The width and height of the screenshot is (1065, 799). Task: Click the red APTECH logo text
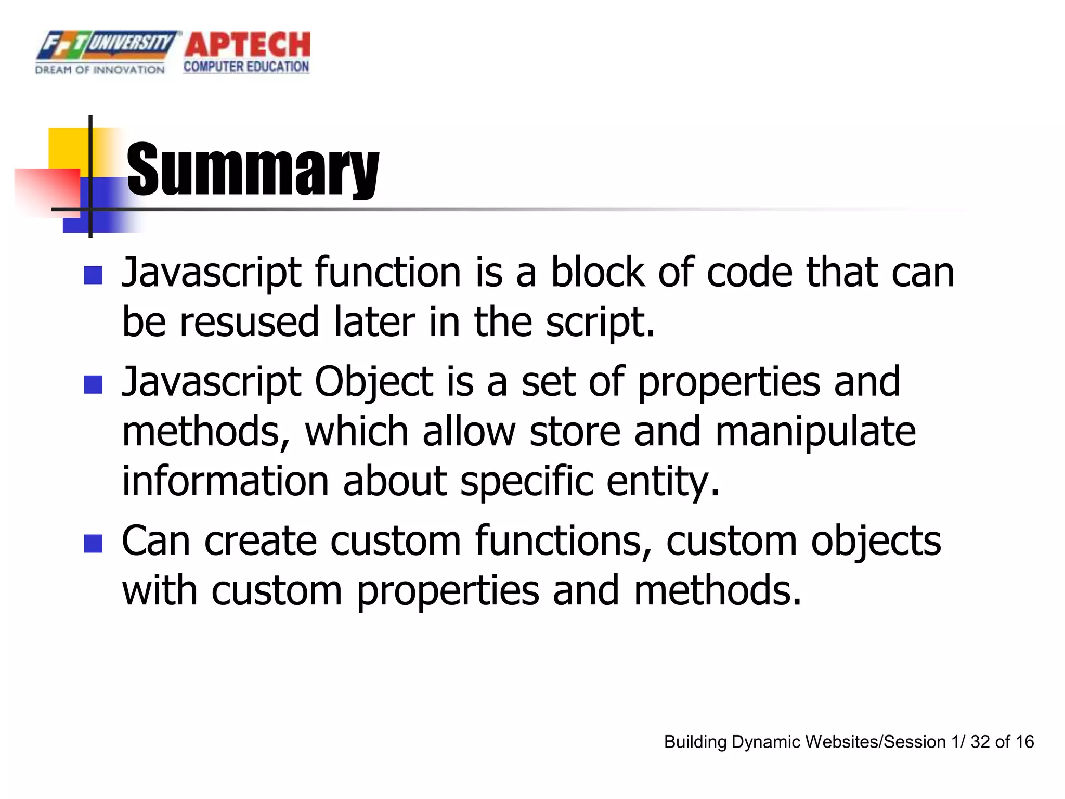click(x=248, y=45)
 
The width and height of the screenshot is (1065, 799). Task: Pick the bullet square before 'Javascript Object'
click(x=93, y=385)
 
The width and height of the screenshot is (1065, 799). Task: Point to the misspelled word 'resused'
click(x=249, y=322)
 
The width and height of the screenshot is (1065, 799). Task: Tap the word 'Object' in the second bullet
click(x=374, y=382)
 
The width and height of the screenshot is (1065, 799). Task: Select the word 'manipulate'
click(x=815, y=432)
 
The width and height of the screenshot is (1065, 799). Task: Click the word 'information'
click(x=225, y=481)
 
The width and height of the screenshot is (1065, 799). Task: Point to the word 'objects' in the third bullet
click(x=876, y=542)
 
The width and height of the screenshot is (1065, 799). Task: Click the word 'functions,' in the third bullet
click(x=564, y=542)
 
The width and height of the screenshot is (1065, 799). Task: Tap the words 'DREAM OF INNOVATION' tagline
click(x=100, y=70)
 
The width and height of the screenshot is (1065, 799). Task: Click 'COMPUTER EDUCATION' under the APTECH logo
click(x=246, y=67)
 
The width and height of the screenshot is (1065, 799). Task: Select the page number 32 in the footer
click(x=980, y=742)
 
